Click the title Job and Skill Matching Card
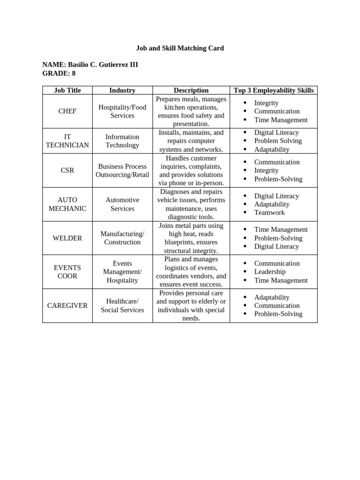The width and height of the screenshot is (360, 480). [180, 48]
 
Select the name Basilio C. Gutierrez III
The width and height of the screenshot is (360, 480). [103, 65]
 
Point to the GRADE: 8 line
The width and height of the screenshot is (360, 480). [59, 73]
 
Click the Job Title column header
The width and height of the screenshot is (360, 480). [67, 90]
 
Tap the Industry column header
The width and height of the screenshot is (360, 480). [122, 90]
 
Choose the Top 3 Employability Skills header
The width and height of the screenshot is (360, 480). [274, 90]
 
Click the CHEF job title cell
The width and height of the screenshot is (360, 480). [67, 111]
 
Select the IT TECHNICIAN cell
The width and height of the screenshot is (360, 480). [67, 141]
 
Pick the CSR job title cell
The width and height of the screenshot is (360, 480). [67, 171]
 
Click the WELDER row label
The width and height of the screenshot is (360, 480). [67, 238]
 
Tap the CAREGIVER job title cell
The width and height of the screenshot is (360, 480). [67, 306]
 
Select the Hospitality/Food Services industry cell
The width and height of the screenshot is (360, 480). [122, 111]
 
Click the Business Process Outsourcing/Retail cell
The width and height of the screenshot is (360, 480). [122, 171]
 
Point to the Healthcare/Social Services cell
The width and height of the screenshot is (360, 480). [122, 306]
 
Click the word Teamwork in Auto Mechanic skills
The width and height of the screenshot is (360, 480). [269, 212]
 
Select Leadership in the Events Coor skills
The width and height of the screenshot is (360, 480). [270, 271]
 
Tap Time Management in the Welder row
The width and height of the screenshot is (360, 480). [281, 229]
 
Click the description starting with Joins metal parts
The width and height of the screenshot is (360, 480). [191, 238]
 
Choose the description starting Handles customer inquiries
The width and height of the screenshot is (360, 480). [191, 171]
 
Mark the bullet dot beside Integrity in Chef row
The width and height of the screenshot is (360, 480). [245, 103]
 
